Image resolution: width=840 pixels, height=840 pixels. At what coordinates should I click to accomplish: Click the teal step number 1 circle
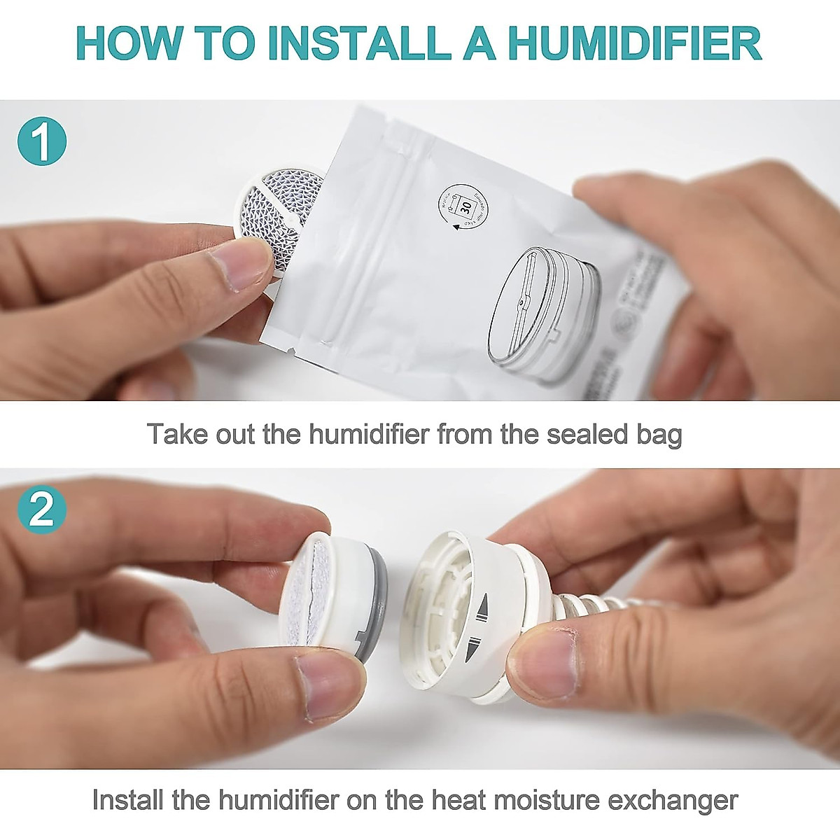pos(43,142)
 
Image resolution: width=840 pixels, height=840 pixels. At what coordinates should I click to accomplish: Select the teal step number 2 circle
pos(43,510)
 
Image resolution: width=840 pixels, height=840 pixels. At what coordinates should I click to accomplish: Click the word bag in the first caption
pos(658,435)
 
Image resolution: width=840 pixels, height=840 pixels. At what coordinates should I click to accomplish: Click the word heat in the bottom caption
pos(437,799)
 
